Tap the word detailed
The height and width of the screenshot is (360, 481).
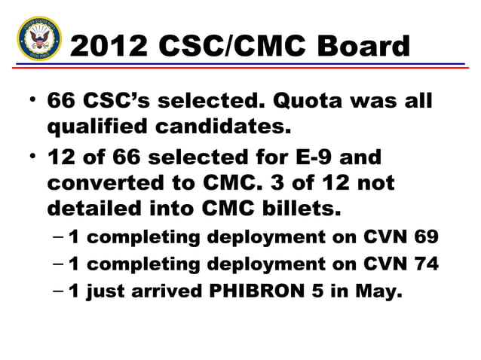(92, 209)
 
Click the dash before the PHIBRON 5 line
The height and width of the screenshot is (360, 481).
(59, 291)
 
